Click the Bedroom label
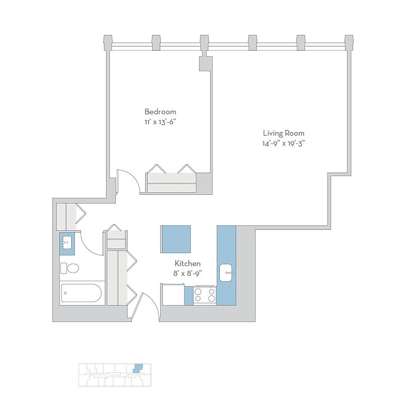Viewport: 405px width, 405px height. pyautogui.click(x=160, y=112)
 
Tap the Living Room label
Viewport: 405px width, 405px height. pyautogui.click(x=284, y=133)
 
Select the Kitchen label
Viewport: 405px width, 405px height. pyautogui.click(x=187, y=263)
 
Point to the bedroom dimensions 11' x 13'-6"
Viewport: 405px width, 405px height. pyautogui.click(x=160, y=121)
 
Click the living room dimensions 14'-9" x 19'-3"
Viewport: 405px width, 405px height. pyautogui.click(x=284, y=143)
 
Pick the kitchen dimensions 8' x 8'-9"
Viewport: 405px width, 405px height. pyautogui.click(x=187, y=273)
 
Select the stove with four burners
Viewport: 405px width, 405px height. pyautogui.click(x=205, y=294)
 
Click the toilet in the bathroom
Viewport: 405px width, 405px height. pyautogui.click(x=70, y=268)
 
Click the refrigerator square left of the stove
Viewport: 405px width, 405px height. pyautogui.click(x=172, y=294)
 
